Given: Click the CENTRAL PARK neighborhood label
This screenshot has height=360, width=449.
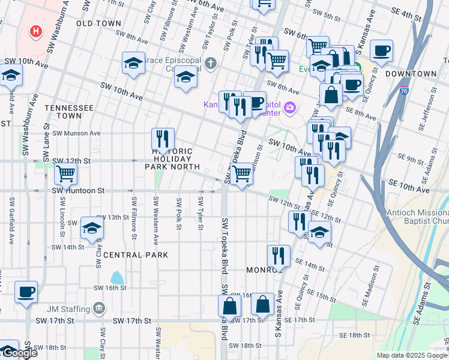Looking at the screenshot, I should (131, 255).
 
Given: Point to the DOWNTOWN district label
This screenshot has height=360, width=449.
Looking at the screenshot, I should (411, 74).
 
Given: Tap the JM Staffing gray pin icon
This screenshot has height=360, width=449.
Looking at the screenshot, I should (99, 309).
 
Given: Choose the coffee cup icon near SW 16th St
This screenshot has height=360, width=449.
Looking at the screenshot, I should (26, 292).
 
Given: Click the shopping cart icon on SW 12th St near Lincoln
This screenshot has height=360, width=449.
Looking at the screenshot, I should (65, 175).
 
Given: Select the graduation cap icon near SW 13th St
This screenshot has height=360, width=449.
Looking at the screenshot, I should (92, 228).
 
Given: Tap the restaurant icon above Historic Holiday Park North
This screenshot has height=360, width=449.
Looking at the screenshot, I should (163, 139).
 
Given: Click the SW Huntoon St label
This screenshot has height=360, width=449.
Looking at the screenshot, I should (78, 191).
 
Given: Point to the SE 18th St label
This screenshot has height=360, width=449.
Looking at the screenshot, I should (352, 335).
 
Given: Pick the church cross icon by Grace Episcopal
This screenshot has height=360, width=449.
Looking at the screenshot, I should (210, 62).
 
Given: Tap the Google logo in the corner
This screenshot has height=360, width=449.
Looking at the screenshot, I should (19, 353).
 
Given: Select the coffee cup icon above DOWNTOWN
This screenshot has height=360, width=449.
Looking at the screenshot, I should (381, 52).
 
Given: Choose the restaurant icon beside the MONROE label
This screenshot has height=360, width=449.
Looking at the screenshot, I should (278, 256).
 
